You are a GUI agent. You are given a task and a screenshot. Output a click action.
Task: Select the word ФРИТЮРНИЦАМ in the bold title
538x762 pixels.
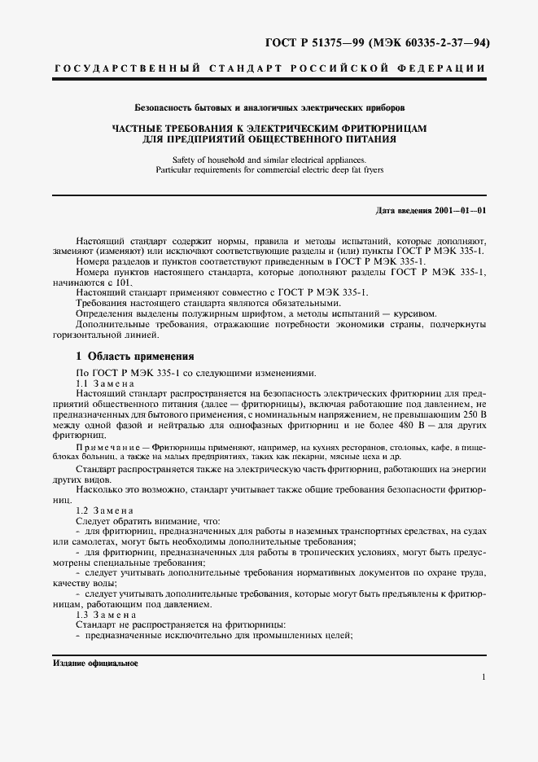tap(381, 129)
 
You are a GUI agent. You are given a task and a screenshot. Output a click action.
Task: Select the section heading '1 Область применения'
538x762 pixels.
tap(134, 356)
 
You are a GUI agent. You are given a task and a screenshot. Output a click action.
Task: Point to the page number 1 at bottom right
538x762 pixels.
tap(483, 677)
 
